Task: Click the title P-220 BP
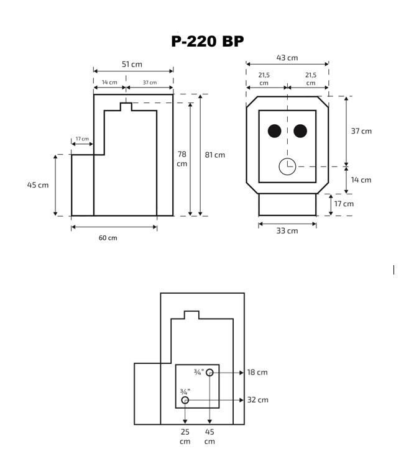(207, 41)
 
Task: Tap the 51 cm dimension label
(132, 64)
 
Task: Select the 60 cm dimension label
(108, 238)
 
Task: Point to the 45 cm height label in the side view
(38, 184)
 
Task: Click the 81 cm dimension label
(215, 155)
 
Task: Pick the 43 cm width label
(287, 58)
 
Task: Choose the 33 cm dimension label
(287, 231)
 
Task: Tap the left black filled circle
(274, 131)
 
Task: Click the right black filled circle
(300, 131)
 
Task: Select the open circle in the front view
(287, 166)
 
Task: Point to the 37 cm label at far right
(361, 131)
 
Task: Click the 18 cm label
(257, 372)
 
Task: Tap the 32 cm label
(257, 400)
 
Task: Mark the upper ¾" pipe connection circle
(210, 373)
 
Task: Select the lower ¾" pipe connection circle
(185, 401)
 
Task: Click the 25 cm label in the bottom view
(185, 436)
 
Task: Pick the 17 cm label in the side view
(82, 138)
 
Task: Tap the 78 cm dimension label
(182, 159)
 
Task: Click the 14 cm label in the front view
(361, 180)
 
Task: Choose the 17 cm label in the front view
(344, 204)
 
